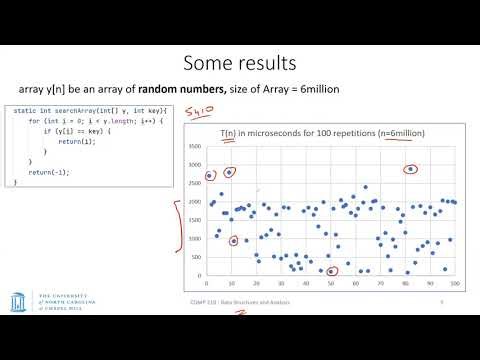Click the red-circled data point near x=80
pos(411,169)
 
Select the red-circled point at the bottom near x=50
pos(331,271)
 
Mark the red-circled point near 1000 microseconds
pos(234,241)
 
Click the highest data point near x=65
pos(365,187)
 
